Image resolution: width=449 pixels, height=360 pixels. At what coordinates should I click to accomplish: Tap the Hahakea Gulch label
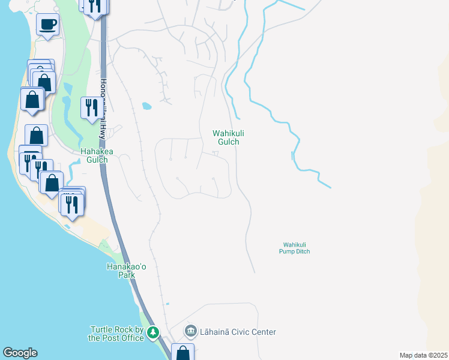[x=94, y=156]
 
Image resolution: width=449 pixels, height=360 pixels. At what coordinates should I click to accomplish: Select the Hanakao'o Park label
[x=127, y=271]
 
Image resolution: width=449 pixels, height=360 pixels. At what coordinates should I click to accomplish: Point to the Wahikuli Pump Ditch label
[x=297, y=248]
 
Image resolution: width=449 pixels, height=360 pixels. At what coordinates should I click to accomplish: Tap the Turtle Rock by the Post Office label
[x=117, y=334]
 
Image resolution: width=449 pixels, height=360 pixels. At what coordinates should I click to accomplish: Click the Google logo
[x=20, y=353]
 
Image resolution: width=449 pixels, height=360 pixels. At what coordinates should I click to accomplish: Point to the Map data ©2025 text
[x=424, y=355]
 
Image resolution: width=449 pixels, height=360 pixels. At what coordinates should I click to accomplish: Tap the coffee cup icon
[x=47, y=25]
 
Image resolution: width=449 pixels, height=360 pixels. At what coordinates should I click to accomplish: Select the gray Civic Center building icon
[x=191, y=331]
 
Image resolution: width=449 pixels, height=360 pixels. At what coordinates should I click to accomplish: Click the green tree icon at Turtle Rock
[x=154, y=332]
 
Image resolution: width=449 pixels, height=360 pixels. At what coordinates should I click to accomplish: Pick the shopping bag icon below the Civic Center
[x=182, y=353]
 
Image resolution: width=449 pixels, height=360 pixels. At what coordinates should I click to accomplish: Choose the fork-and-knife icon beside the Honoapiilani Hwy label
[x=92, y=108]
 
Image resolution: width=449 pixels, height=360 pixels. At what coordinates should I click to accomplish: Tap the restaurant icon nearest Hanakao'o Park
[x=71, y=205]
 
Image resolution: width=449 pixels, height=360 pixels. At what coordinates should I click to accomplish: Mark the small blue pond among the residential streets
[x=146, y=107]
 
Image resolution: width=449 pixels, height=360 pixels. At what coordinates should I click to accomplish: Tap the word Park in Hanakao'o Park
[x=127, y=275]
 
